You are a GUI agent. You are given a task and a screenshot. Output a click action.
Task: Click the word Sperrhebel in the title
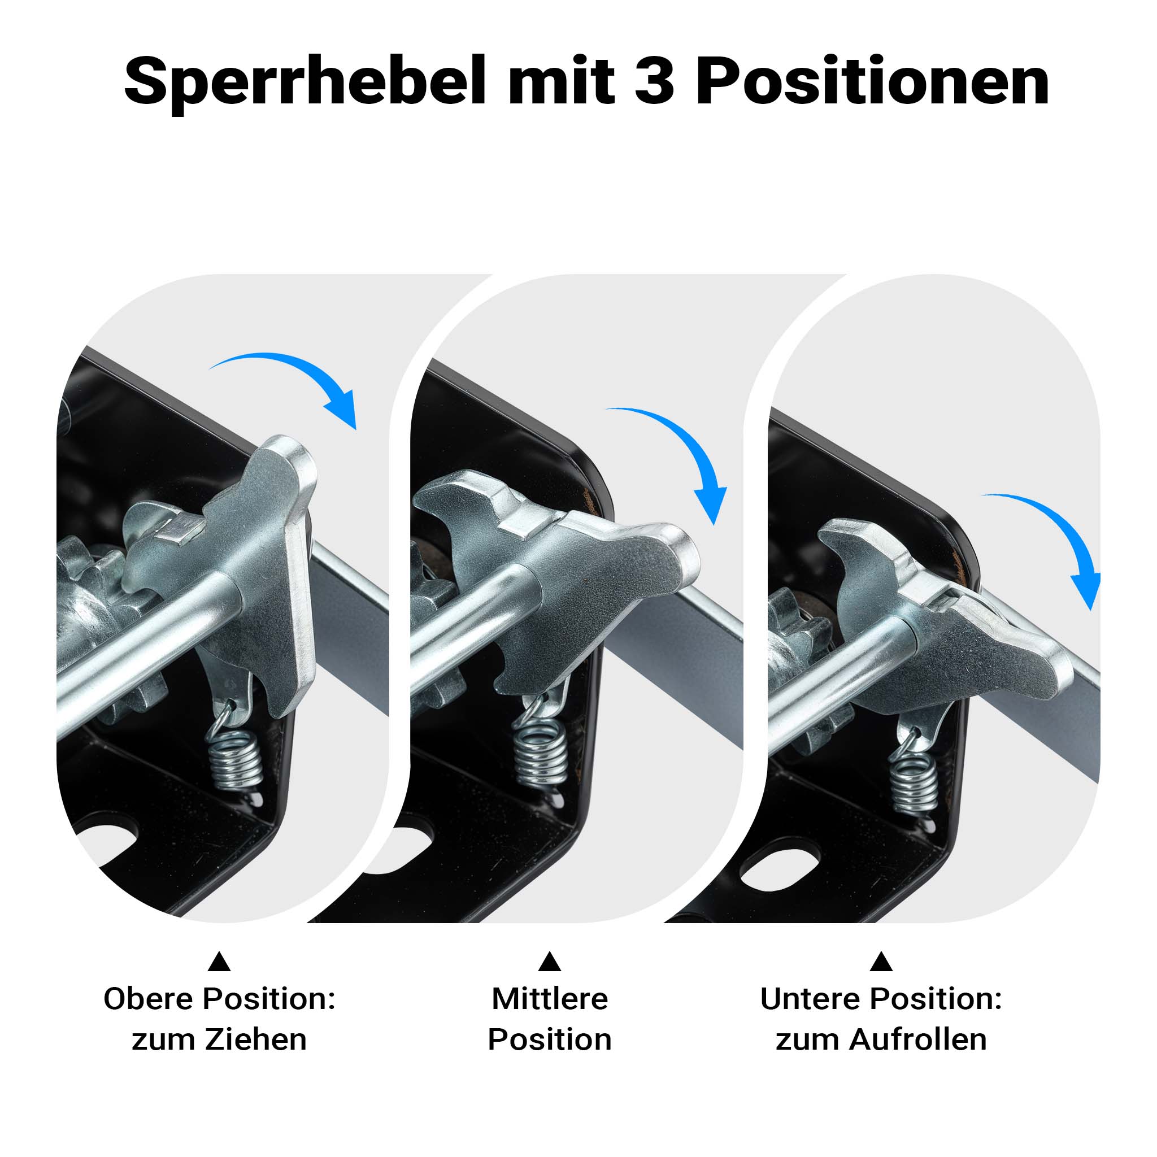(305, 81)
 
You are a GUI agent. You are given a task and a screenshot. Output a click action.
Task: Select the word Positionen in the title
(872, 81)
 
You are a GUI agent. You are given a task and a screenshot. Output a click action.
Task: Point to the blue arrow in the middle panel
(682, 437)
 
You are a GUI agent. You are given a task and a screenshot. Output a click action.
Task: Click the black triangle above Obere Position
(219, 961)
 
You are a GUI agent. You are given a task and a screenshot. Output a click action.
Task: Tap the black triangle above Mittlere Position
(549, 961)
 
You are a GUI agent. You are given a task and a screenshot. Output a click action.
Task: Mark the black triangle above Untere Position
(881, 961)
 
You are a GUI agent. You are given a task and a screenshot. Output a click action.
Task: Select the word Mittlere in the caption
(550, 998)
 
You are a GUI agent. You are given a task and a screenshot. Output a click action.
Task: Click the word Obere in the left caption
(150, 998)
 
